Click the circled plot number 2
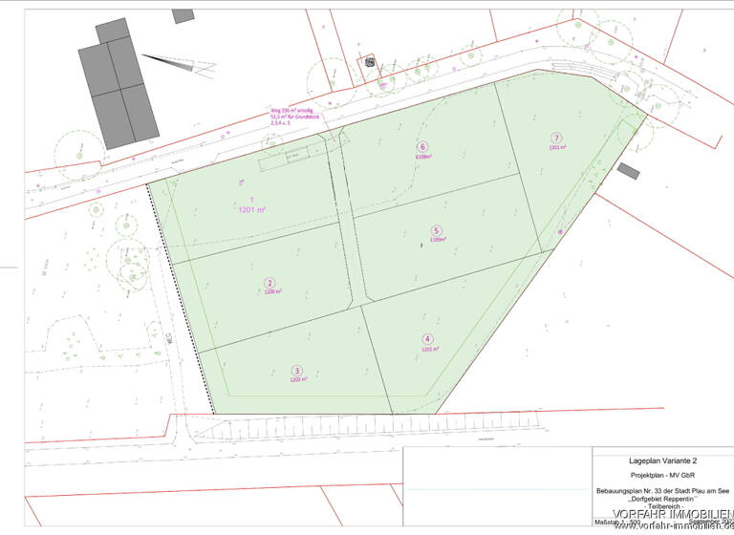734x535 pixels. [270, 283]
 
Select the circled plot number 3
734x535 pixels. [297, 371]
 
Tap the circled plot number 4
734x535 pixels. [427, 339]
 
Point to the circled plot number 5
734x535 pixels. [436, 230]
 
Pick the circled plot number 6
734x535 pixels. [421, 146]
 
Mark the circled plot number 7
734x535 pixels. [556, 137]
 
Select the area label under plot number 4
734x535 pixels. [428, 350]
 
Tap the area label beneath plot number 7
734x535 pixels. [557, 148]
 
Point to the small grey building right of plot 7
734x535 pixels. [628, 171]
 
